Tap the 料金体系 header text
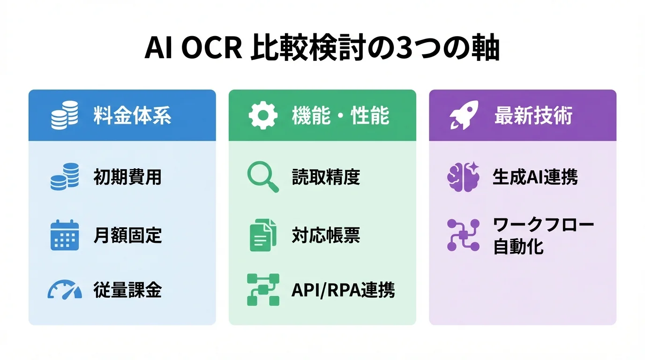click(x=132, y=116)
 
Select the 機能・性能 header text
click(x=340, y=116)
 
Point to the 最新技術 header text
click(x=533, y=116)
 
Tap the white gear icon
click(x=263, y=116)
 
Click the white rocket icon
click(x=464, y=115)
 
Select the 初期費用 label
click(x=127, y=178)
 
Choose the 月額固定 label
click(x=127, y=235)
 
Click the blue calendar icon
click(x=65, y=235)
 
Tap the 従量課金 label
click(x=127, y=291)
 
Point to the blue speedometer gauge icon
click(x=65, y=290)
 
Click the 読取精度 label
click(x=326, y=178)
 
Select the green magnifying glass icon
click(x=262, y=177)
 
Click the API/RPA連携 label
click(x=343, y=291)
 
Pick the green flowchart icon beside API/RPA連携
click(x=262, y=290)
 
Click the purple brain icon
click(x=463, y=177)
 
